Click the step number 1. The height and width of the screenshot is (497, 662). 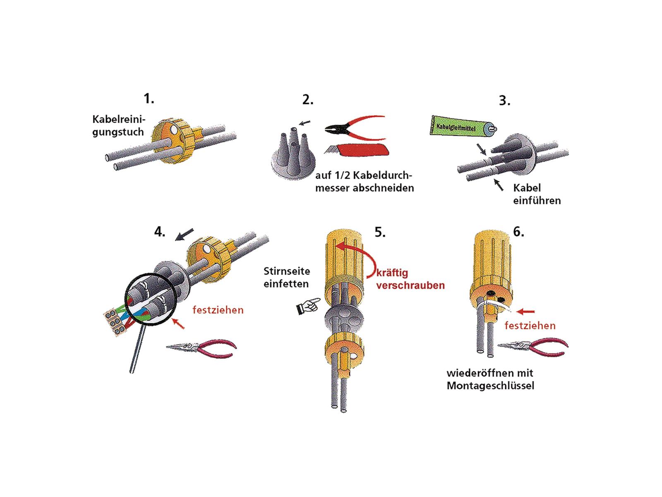(149, 99)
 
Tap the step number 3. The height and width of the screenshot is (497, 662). (504, 101)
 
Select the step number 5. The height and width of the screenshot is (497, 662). (380, 232)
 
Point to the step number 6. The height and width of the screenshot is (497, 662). (518, 232)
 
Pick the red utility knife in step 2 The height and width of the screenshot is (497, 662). (357, 150)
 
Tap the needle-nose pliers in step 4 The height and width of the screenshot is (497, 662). (201, 348)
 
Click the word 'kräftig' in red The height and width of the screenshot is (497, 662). (392, 273)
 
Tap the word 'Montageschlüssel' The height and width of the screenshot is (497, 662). (490, 386)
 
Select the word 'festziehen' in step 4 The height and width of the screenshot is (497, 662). (218, 310)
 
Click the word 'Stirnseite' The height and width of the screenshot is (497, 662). (286, 271)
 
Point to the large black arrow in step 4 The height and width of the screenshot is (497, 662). (184, 234)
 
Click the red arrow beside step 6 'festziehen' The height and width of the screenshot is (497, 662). (525, 311)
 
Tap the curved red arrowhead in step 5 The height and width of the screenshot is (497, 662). (341, 246)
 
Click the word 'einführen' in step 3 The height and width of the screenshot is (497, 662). (537, 200)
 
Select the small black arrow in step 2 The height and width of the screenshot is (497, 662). (305, 123)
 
